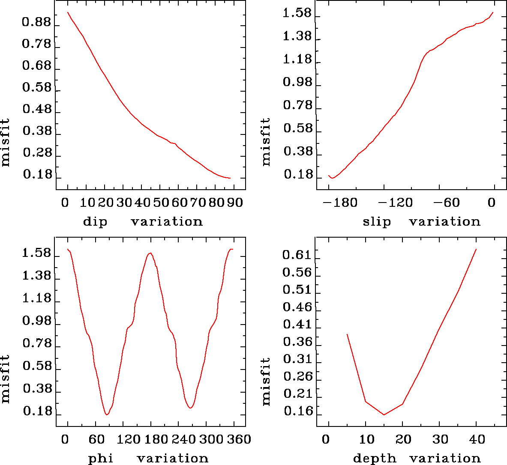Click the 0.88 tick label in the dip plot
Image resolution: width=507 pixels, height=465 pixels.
click(x=36, y=22)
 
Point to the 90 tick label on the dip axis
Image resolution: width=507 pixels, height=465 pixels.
click(x=235, y=202)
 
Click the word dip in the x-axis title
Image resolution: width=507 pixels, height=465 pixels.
click(x=95, y=222)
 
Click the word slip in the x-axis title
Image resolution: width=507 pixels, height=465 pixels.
click(x=377, y=222)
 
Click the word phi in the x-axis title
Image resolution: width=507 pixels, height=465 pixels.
click(x=101, y=459)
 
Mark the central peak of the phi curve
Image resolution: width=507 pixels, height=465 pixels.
click(x=150, y=253)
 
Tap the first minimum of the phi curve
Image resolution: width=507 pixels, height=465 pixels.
click(x=107, y=414)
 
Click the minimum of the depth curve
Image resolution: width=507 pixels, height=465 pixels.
click(x=384, y=414)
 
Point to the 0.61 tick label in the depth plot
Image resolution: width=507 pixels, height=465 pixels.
click(x=297, y=255)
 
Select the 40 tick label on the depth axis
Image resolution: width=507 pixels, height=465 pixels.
click(x=477, y=439)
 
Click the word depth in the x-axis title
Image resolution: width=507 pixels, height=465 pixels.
click(x=375, y=459)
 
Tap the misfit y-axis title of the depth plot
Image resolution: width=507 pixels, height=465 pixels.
click(x=266, y=382)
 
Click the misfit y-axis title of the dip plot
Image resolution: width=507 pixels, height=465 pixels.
click(x=5, y=143)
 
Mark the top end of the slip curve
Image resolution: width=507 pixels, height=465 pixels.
click(x=493, y=12)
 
